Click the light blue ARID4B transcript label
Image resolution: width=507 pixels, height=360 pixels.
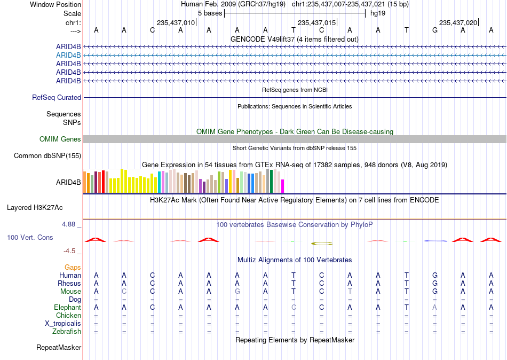[68, 55]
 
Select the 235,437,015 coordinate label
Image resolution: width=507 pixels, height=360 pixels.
[316, 22]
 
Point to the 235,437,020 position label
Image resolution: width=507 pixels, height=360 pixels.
[458, 22]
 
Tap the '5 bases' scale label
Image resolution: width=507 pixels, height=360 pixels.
[210, 13]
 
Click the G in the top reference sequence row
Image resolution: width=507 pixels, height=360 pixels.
[435, 30]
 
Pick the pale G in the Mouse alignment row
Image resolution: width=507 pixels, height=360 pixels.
[237, 292]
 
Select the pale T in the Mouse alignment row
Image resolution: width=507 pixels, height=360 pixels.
[350, 292]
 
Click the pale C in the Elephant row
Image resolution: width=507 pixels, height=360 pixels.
[294, 307]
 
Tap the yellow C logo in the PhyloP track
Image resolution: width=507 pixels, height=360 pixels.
[322, 244]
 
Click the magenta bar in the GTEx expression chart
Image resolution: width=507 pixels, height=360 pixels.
[282, 186]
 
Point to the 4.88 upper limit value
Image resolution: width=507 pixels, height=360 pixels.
[68, 224]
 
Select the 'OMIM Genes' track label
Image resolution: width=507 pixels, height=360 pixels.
[60, 139]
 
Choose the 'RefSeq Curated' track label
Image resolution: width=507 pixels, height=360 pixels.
[57, 97]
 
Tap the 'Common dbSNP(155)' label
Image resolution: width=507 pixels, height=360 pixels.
[47, 156]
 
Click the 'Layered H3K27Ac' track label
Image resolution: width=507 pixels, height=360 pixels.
[35, 208]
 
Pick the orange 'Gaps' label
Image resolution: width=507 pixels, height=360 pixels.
[73, 267]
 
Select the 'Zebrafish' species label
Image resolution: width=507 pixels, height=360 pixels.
[67, 331]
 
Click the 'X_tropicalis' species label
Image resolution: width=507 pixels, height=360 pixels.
[63, 323]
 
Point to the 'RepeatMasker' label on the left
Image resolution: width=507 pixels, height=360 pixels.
[59, 347]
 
